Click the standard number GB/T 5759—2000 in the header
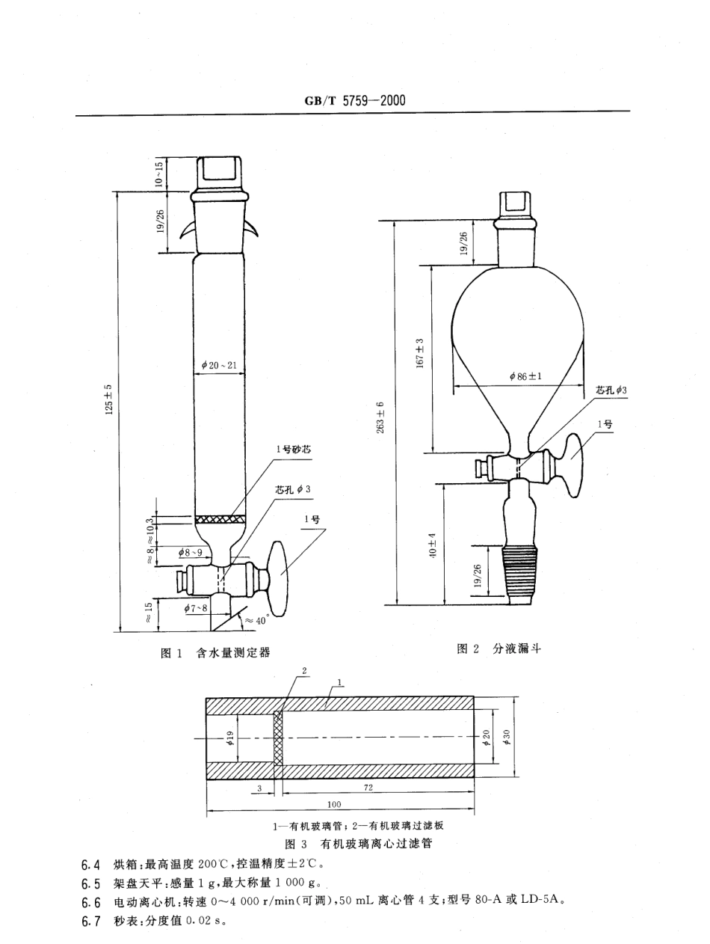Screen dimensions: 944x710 [x=355, y=100]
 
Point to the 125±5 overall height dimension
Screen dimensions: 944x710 [x=109, y=398]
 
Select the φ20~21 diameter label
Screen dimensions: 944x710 [x=219, y=365]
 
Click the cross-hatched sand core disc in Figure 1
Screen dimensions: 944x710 [x=219, y=518]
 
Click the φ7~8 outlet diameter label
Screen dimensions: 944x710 [x=196, y=608]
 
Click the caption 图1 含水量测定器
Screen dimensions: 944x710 [x=215, y=652]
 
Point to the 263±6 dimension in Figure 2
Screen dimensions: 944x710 [x=381, y=417]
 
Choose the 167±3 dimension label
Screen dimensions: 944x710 [x=420, y=352]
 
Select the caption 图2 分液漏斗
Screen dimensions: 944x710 [x=498, y=649]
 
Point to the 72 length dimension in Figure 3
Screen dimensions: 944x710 [x=368, y=788]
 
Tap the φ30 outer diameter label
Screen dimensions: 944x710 [x=506, y=738]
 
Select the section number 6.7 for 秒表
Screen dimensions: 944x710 [x=90, y=920]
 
